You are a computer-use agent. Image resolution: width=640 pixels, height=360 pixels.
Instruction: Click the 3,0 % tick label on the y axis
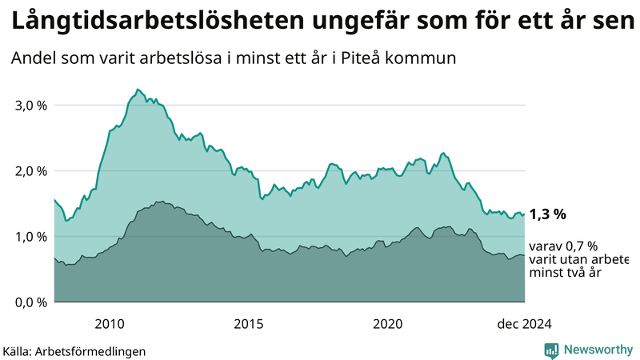30,106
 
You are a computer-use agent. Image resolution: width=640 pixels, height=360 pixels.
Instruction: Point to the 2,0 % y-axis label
30,171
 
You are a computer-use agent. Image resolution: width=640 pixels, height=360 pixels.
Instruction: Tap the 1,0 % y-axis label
30,237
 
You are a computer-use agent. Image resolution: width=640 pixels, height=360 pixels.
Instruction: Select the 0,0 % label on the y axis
30,302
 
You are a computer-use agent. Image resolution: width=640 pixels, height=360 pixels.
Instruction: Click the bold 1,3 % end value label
548,214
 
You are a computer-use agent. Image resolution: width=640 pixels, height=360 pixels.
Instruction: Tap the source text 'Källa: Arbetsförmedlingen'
74,351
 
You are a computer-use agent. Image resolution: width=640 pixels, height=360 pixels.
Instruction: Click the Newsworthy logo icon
551,350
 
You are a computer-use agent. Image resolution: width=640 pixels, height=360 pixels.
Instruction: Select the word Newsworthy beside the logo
598,350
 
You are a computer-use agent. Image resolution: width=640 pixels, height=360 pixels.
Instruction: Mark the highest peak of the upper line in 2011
138,90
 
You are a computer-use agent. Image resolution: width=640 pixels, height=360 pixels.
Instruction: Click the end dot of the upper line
524,214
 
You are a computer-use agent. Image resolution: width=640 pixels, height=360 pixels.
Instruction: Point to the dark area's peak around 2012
160,202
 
